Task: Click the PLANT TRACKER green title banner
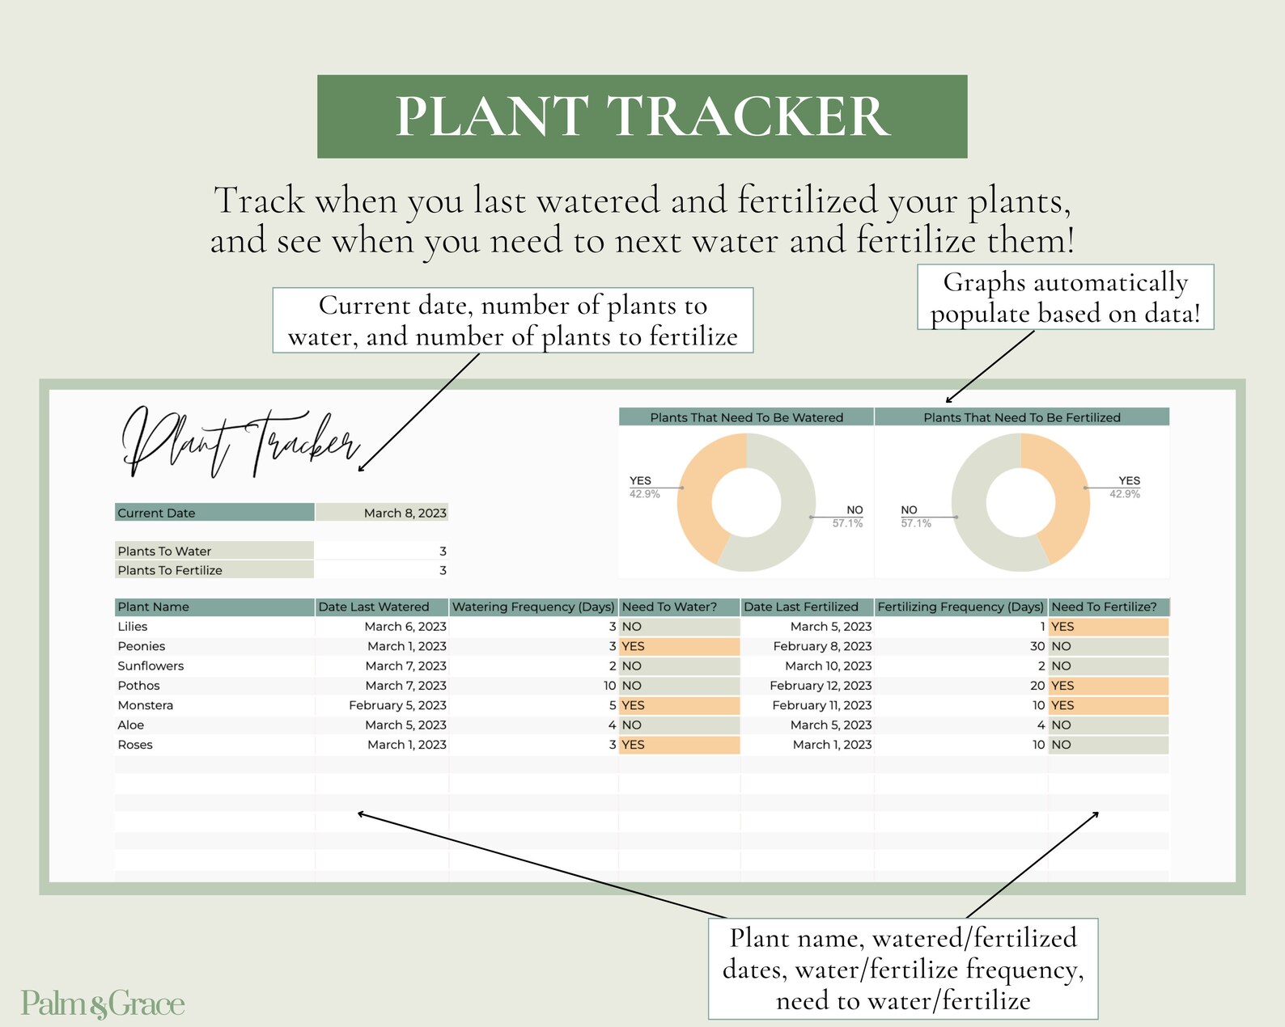642,116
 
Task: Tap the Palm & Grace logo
103,1004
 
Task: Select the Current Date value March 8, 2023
405,513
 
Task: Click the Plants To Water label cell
214,551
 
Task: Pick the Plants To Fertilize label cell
214,570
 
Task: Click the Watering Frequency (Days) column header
533,606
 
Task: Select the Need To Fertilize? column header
1108,606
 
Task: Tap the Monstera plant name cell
146,705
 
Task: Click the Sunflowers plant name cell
151,666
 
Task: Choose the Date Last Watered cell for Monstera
397,705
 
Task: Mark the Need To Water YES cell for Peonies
678,646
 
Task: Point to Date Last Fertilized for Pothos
821,685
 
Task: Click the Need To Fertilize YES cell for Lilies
1108,627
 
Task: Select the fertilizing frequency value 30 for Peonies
1037,646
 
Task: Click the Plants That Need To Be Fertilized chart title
1021,417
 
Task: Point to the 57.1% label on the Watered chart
847,523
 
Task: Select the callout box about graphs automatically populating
1065,297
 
